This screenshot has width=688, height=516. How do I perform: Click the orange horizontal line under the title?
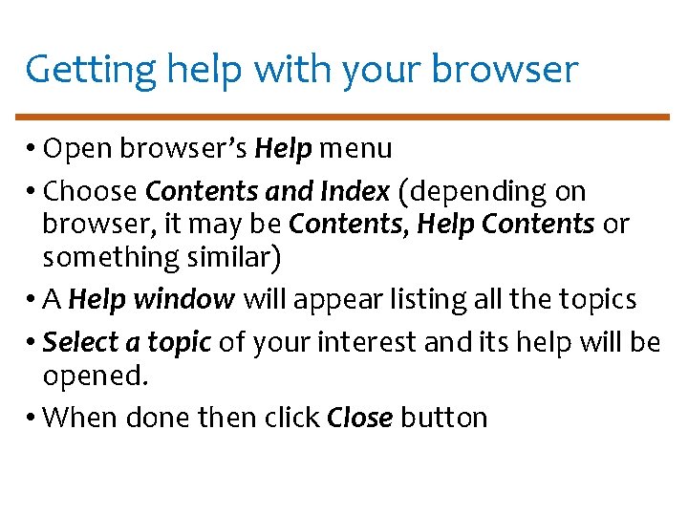[344, 117]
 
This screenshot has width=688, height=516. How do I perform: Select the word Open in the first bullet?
[75, 149]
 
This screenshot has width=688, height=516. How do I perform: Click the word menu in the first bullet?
[355, 149]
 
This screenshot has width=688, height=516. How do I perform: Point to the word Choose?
[91, 192]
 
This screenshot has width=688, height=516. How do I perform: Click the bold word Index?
[355, 192]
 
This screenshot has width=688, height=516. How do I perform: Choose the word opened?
[96, 376]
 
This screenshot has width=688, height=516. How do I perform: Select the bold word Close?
[359, 418]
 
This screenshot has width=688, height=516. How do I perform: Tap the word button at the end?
[444, 418]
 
